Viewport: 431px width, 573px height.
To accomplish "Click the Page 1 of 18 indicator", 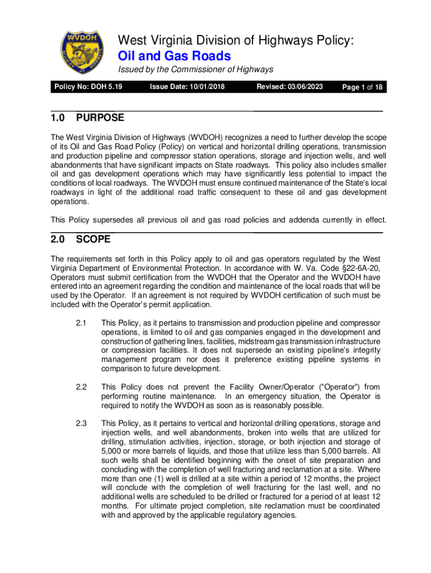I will pos(362,87).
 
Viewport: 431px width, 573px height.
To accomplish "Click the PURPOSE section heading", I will pos(100,118).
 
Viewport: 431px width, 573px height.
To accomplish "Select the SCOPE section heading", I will pos(93,239).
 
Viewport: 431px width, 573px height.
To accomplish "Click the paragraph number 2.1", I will pos(81,323).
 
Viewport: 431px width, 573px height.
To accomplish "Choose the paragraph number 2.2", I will pos(81,387).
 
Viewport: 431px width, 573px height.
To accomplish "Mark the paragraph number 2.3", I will pos(81,423).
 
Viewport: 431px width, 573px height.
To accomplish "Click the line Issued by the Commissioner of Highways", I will pos(195,69).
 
